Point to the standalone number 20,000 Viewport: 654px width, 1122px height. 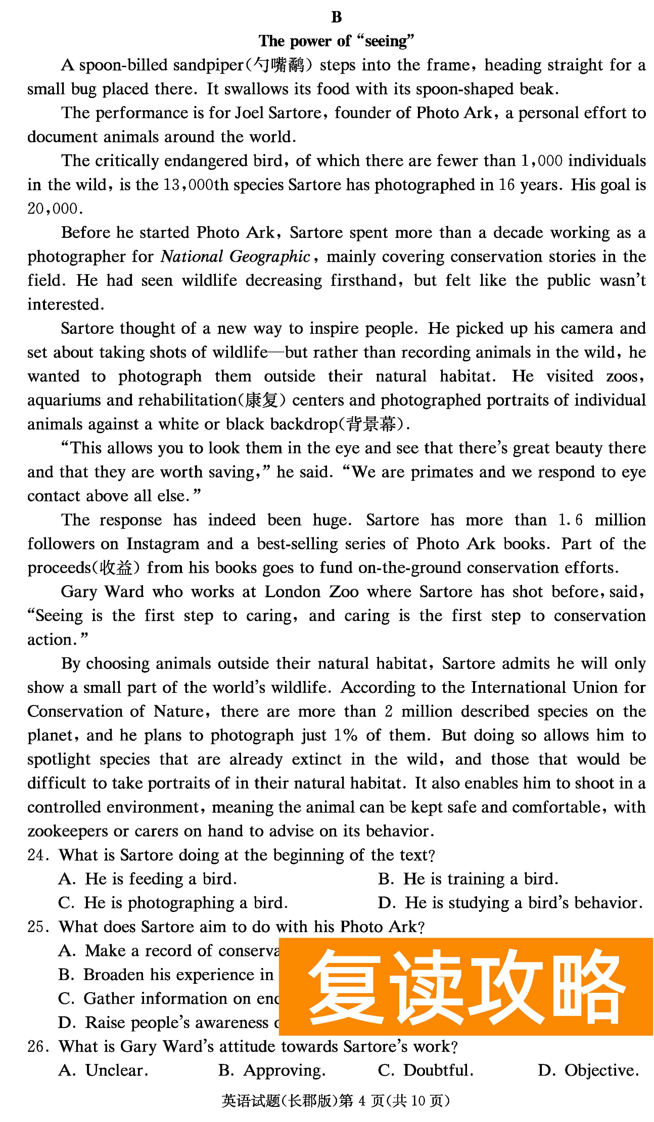(x=55, y=209)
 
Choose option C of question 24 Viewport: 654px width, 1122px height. (x=173, y=903)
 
